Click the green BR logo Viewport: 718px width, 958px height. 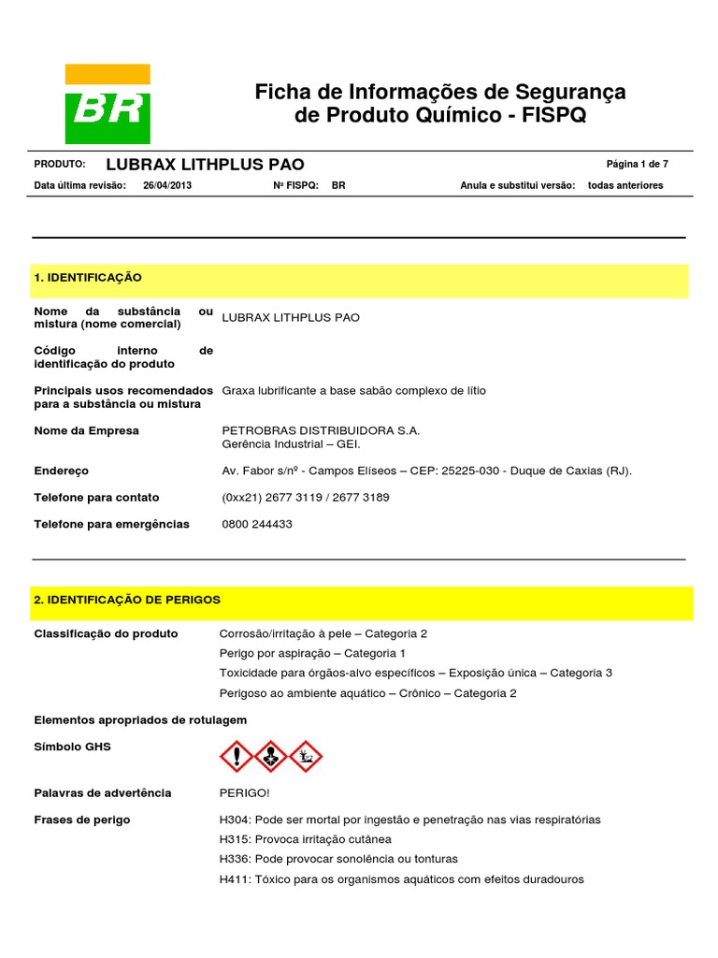107,104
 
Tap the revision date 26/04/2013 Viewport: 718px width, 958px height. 166,185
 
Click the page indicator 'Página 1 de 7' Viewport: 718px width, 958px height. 637,164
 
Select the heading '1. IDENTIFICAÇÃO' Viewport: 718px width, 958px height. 88,278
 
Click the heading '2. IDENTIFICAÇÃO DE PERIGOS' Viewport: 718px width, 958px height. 127,600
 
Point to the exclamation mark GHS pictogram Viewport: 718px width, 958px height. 236,756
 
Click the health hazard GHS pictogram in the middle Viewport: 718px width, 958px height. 271,756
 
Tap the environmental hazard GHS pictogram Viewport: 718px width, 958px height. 306,756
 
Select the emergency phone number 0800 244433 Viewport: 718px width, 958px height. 257,524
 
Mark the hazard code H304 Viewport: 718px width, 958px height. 235,820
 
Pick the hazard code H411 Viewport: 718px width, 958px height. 235,879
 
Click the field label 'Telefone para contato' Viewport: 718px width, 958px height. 96,498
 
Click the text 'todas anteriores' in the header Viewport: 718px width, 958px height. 625,185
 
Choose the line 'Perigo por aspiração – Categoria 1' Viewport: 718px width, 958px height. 312,653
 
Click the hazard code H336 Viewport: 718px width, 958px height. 235,859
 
